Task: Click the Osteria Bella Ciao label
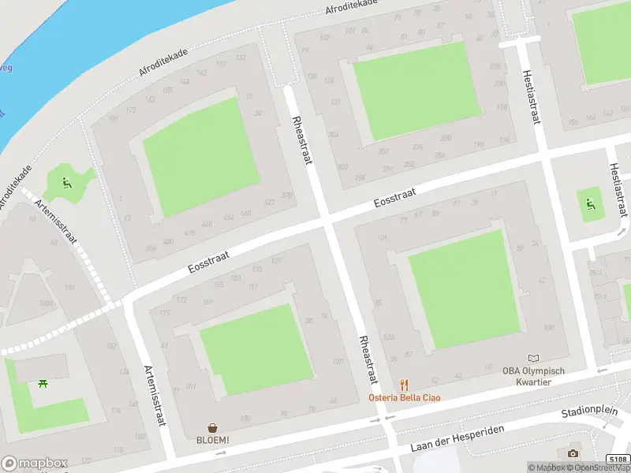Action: pos(405,397)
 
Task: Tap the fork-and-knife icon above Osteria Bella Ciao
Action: pos(405,384)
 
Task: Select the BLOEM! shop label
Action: pos(213,440)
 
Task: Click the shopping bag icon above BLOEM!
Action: pos(213,427)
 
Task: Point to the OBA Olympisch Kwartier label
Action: pos(534,376)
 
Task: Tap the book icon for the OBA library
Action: pos(534,359)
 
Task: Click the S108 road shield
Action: pos(618,460)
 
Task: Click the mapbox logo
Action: pos(34,463)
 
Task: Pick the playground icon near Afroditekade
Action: pos(66,184)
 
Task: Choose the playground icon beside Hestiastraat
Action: pos(588,205)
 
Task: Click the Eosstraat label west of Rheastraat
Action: pos(208,258)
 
